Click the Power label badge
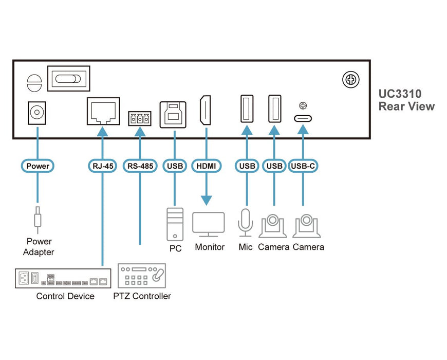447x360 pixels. tap(38, 166)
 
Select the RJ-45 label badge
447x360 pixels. tap(103, 166)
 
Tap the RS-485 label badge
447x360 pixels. tap(140, 166)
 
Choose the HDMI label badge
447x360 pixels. tap(207, 166)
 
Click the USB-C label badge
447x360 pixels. tap(303, 166)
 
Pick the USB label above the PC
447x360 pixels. tap(175, 166)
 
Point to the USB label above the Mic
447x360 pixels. tap(247, 166)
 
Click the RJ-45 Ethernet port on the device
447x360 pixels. tap(103, 111)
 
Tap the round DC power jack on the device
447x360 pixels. tap(37, 112)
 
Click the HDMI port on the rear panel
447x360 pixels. tap(207, 111)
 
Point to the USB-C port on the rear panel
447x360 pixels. tap(303, 118)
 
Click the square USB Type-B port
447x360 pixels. tap(175, 113)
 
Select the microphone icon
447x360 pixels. tap(246, 222)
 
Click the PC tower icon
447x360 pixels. tap(175, 224)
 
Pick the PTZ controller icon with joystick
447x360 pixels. tap(142, 276)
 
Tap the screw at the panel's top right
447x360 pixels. tap(351, 80)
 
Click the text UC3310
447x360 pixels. tap(400, 94)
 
